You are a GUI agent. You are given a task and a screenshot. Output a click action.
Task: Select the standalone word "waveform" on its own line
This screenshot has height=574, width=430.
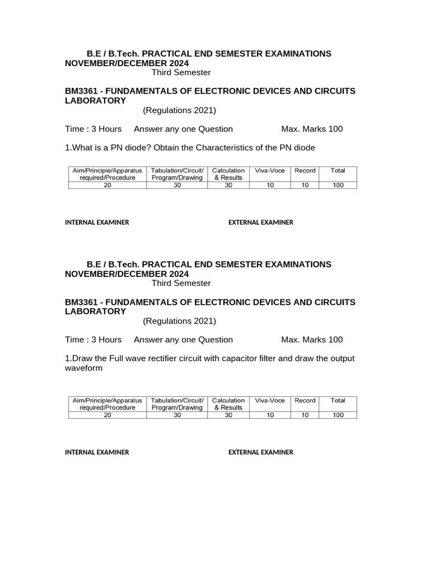84,368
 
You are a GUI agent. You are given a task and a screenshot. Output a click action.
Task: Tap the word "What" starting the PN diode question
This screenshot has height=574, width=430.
82,148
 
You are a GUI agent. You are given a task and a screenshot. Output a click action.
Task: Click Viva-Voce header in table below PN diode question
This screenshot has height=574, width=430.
270,170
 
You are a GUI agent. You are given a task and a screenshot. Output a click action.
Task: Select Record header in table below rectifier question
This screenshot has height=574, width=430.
305,401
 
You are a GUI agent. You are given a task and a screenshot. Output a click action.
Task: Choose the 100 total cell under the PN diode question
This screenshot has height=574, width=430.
338,185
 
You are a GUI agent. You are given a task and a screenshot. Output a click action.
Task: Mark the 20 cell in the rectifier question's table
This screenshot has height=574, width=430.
107,415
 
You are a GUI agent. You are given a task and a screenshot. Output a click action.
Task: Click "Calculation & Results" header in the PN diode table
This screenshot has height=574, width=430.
228,174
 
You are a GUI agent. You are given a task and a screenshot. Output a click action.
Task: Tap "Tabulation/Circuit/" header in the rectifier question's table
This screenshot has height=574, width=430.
177,401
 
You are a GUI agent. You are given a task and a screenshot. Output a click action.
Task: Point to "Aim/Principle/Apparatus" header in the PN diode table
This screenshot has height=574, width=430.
107,170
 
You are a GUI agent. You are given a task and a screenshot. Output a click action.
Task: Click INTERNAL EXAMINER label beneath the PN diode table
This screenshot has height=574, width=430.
97,223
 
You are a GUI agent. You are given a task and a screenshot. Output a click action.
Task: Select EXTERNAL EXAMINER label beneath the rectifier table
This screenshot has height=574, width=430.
260,452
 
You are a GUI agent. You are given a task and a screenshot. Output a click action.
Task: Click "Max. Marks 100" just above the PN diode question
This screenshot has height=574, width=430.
312,129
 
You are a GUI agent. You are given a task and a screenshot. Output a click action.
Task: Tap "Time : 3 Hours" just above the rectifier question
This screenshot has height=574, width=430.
93,340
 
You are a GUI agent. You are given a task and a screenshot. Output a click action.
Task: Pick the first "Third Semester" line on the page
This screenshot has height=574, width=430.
181,72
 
